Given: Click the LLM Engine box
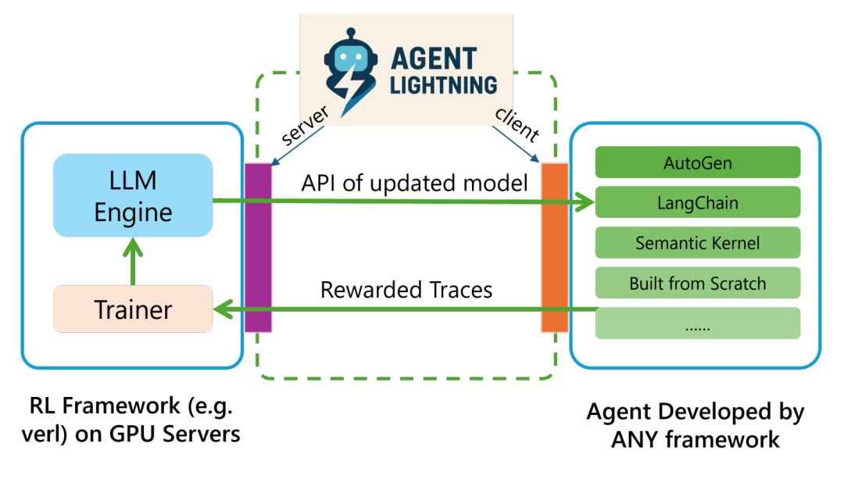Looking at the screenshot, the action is pyautogui.click(x=133, y=195).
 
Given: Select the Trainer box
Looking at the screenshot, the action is pyautogui.click(x=133, y=309).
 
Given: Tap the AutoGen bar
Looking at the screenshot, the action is pyautogui.click(x=698, y=162).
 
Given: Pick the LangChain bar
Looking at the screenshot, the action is pyautogui.click(x=698, y=202).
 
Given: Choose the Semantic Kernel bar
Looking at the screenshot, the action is pyautogui.click(x=698, y=243).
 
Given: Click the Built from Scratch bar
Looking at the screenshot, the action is pyautogui.click(x=698, y=283).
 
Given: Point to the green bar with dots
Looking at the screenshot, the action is pyautogui.click(x=698, y=324).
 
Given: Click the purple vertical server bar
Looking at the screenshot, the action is pyautogui.click(x=259, y=248).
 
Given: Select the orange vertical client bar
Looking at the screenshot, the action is pyautogui.click(x=555, y=248).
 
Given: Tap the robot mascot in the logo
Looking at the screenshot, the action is pyautogui.click(x=350, y=71).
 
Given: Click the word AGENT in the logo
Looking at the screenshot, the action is pyautogui.click(x=434, y=59).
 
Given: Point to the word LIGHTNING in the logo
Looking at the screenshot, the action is pyautogui.click(x=444, y=85).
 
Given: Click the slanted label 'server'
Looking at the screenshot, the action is pyautogui.click(x=305, y=125).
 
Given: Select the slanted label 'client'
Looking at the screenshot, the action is pyautogui.click(x=517, y=125).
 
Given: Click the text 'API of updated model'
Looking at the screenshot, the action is pyautogui.click(x=414, y=183).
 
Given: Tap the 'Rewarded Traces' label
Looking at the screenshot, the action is pyautogui.click(x=406, y=290).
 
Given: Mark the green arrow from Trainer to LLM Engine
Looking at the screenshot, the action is pyautogui.click(x=133, y=262).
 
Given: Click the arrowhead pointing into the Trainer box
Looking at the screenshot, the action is pyautogui.click(x=223, y=309).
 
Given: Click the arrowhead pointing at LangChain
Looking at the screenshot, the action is pyautogui.click(x=585, y=202).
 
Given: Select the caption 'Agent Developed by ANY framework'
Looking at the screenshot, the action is pyautogui.click(x=695, y=425).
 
